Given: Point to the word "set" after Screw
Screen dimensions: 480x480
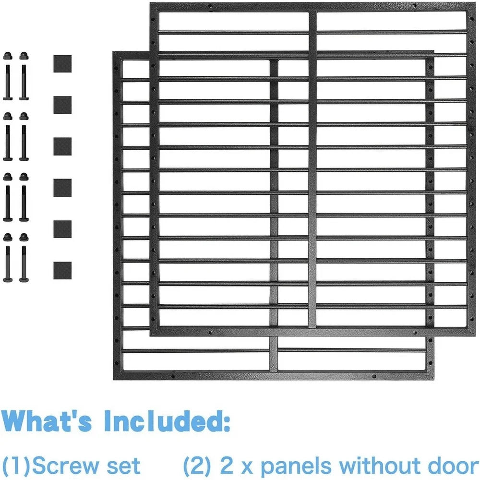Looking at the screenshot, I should click(x=126, y=466).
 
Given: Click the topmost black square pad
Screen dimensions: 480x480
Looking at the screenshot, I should click(x=62, y=63).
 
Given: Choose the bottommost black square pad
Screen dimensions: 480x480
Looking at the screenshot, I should click(x=62, y=271).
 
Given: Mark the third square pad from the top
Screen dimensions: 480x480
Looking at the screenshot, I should click(x=62, y=146).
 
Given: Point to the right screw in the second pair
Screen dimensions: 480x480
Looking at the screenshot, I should click(x=24, y=136).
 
